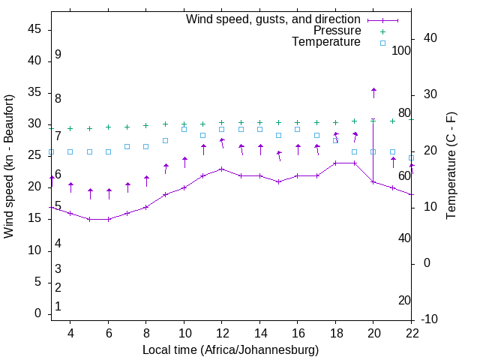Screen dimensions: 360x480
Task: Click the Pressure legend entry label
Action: (x=337, y=31)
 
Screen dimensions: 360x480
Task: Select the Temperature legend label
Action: (x=326, y=42)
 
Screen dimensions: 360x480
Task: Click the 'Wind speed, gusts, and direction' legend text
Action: (x=273, y=19)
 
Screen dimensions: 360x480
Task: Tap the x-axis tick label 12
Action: (x=221, y=333)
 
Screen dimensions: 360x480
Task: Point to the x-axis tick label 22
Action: (x=411, y=333)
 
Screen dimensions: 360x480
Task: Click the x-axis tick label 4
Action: (x=70, y=333)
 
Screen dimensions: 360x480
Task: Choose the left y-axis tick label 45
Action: (x=34, y=29)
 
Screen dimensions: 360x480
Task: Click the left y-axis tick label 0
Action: (x=38, y=313)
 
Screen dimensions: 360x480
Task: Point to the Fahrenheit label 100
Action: (x=401, y=50)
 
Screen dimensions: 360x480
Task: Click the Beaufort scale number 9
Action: (x=58, y=55)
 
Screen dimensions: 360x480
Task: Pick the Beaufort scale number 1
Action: (x=58, y=306)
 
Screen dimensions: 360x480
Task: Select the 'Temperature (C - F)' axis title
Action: (x=451, y=166)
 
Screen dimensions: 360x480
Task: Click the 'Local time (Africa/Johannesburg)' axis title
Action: (x=230, y=350)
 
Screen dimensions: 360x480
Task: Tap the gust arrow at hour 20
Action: (x=373, y=91)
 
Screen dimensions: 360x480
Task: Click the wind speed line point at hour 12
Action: (x=221, y=169)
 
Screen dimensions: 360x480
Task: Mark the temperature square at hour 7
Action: (x=127, y=146)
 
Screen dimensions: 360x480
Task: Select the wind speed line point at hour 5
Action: (x=89, y=219)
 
